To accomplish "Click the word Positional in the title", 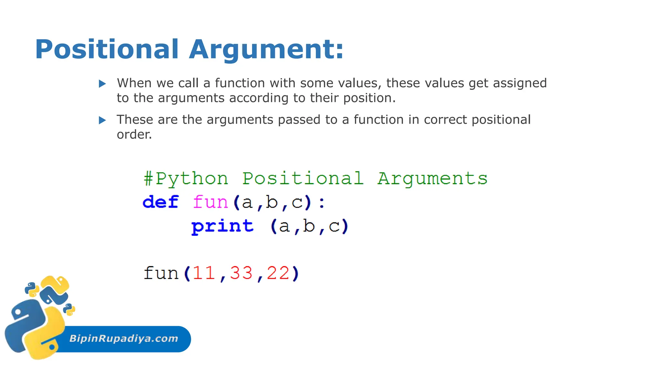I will coord(107,49).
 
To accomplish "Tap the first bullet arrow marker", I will coord(102,84).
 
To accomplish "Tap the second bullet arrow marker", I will coord(102,120).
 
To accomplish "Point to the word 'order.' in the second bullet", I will coord(134,135).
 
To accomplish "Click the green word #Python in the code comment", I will coord(186,179).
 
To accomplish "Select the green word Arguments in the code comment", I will coord(432,179).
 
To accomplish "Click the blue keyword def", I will coord(160,202).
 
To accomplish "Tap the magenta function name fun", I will coord(210,202).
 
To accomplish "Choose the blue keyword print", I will coord(222,226).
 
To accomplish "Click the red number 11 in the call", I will coord(204,273).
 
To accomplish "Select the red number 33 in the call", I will coord(241,273).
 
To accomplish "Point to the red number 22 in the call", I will coord(278,273).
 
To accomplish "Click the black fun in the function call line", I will coord(161,273).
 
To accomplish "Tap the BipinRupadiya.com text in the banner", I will coord(124,338).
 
